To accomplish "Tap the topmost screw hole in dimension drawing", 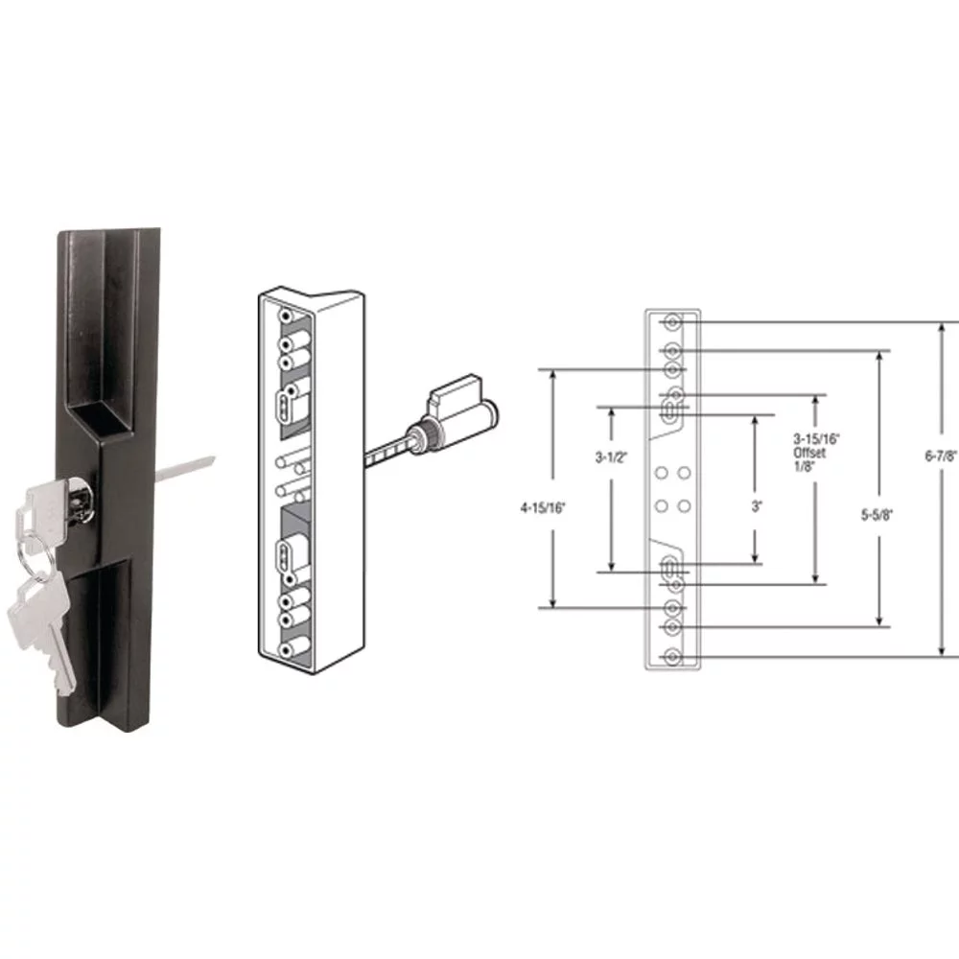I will tap(673, 321).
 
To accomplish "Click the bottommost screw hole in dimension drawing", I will tap(673, 657).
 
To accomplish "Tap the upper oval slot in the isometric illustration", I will tap(284, 407).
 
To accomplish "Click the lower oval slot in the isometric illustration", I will tap(284, 553).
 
